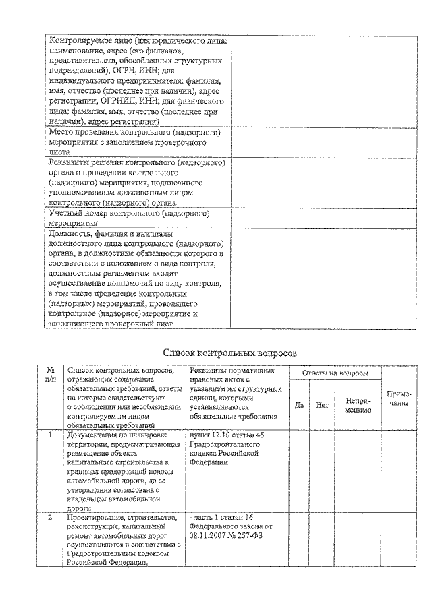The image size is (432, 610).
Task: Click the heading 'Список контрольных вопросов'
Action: point(230,353)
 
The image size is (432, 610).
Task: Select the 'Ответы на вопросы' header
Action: point(335,373)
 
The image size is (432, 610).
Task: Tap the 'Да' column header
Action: point(299,405)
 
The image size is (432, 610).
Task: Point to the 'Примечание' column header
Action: point(398,398)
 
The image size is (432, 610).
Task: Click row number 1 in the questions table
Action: point(50,435)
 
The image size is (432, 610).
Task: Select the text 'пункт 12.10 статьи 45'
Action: point(227,435)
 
